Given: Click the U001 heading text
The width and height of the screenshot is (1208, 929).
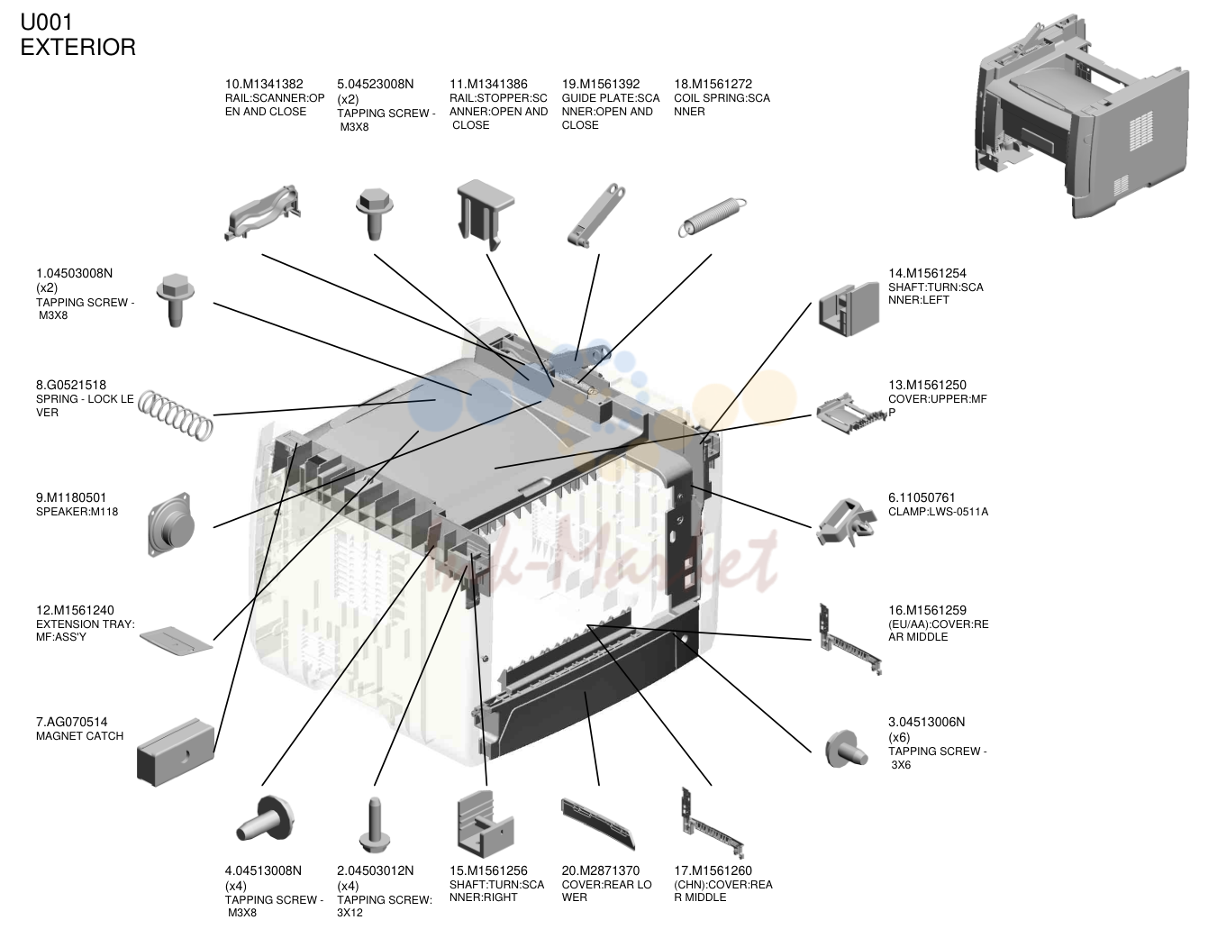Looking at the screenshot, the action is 47,23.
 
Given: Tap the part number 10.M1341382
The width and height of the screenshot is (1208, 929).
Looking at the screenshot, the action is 264,84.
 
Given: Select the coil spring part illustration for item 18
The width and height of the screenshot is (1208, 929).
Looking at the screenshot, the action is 713,217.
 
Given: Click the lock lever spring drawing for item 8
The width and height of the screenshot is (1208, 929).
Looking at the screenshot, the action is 175,414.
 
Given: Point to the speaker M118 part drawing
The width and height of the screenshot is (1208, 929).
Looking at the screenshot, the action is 171,524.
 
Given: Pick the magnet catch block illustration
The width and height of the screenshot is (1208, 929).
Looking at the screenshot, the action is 176,752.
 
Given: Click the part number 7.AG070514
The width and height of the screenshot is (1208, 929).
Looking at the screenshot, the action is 72,722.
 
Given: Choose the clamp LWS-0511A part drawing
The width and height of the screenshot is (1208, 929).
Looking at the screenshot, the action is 844,522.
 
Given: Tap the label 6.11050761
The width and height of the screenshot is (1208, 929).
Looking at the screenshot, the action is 922,497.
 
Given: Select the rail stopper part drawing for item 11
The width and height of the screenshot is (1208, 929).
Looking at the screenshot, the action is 485,214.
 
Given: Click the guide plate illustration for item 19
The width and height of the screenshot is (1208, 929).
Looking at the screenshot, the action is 596,215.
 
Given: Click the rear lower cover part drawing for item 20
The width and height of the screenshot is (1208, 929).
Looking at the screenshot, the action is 598,824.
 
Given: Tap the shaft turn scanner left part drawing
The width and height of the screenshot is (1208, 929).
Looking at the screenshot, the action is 849,310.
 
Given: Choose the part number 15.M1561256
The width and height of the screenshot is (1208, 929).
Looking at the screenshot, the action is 488,870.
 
